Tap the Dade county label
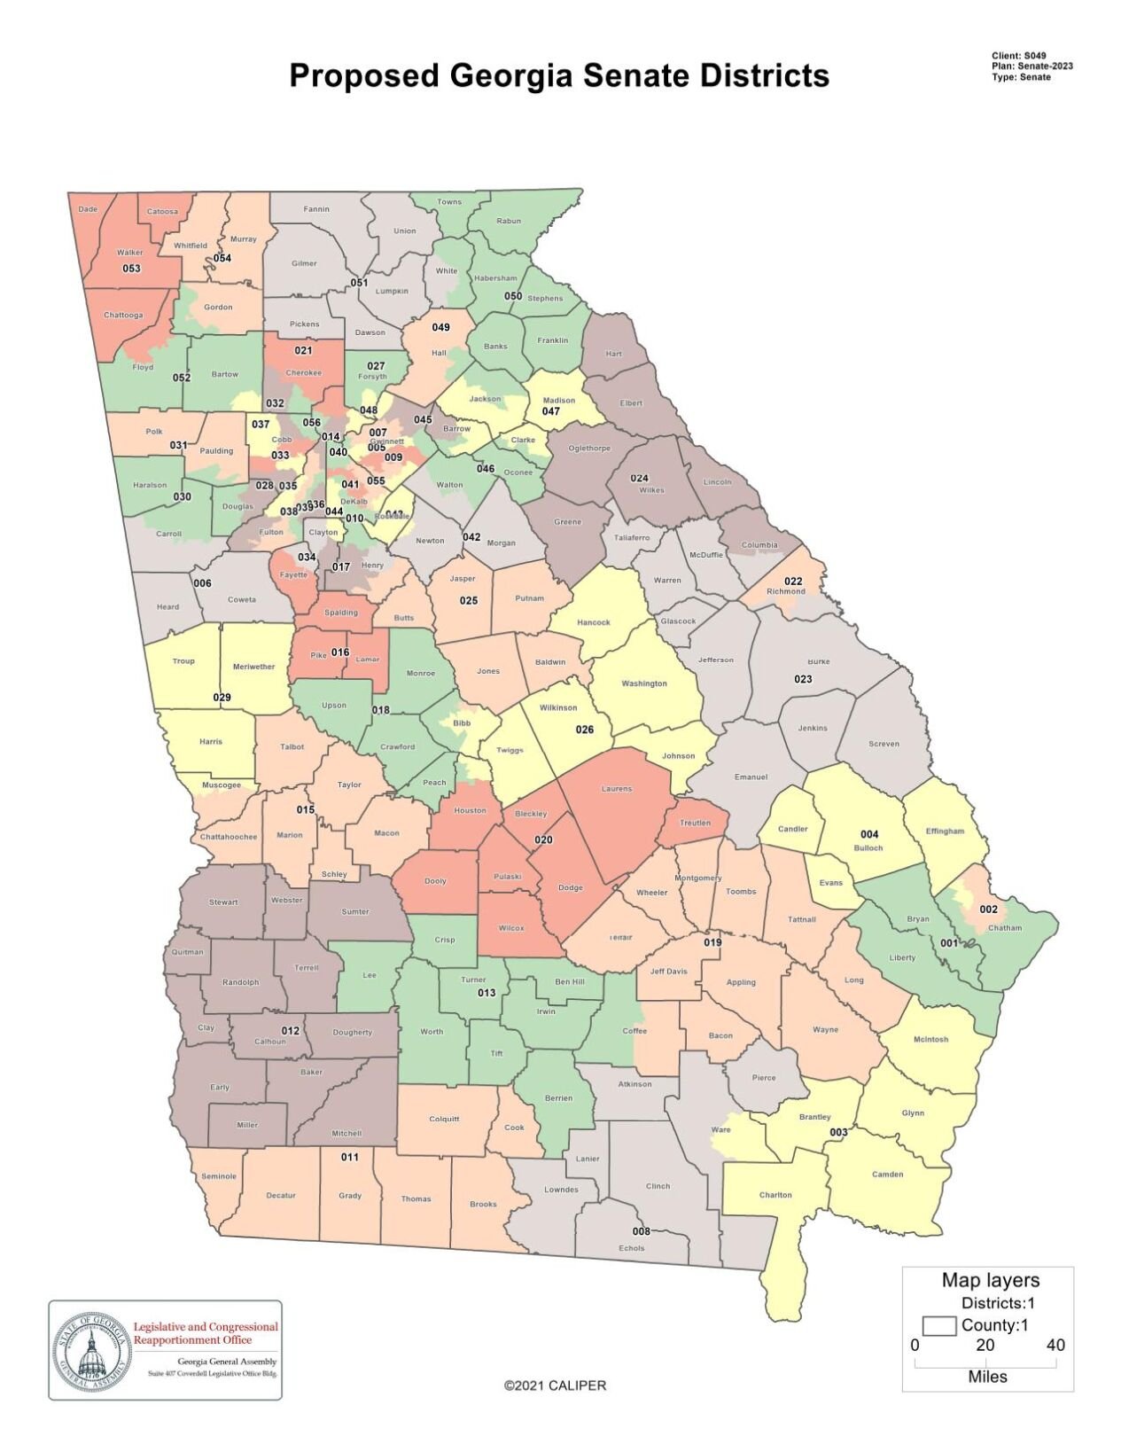(88, 209)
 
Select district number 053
(131, 268)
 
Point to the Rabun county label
(509, 221)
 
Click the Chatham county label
(1004, 928)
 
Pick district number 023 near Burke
(803, 679)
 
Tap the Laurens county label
(617, 788)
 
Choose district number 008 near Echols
(641, 1231)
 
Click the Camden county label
(887, 1174)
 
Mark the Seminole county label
(219, 1176)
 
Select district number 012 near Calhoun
(291, 1031)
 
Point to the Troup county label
(183, 660)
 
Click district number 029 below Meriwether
(222, 697)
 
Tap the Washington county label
(644, 683)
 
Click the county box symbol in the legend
(938, 1325)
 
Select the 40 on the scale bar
(1055, 1345)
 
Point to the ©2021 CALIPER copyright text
(555, 1385)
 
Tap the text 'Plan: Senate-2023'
(1032, 66)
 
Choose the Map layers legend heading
(990, 1280)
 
